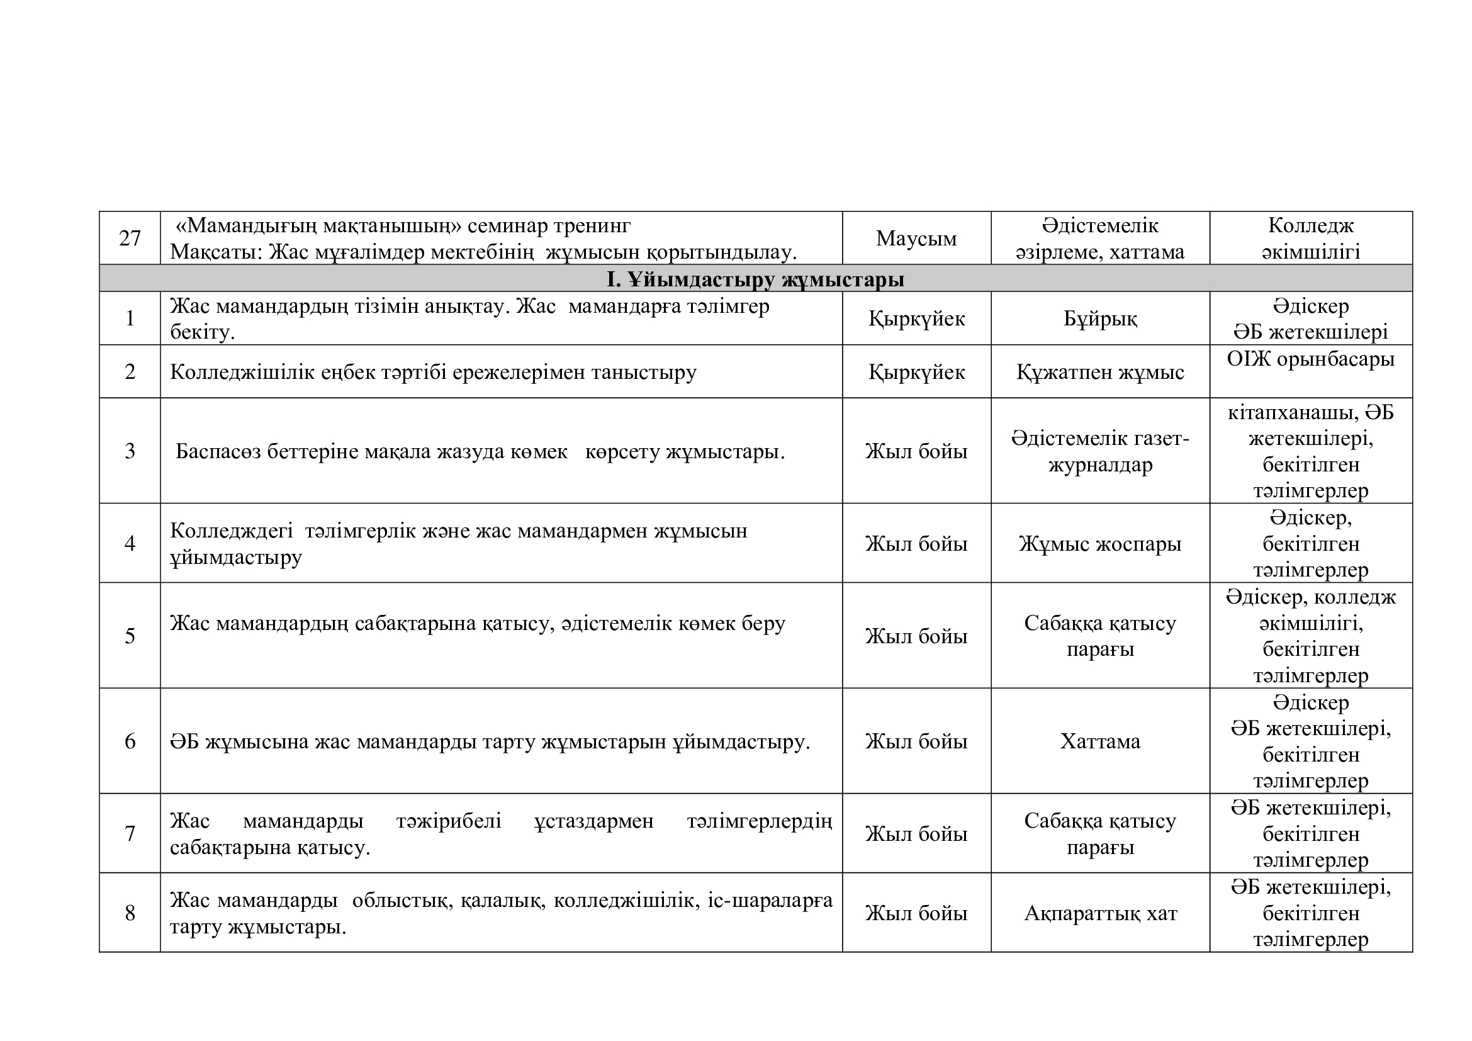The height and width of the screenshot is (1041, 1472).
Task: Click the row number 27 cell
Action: (x=130, y=238)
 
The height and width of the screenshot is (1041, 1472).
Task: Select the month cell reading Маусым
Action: (x=916, y=239)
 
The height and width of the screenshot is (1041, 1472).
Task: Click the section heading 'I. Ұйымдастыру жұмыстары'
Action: (x=755, y=279)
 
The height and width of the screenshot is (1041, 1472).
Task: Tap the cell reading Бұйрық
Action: (x=1100, y=318)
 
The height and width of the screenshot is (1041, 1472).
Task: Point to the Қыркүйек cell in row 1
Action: (x=916, y=318)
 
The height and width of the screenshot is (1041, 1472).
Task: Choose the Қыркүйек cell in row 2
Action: (x=916, y=372)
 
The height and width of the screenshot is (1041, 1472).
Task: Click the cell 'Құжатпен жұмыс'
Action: (x=1100, y=372)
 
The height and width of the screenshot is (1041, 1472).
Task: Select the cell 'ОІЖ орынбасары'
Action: (x=1310, y=359)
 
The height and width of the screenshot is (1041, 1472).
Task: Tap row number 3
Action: (x=130, y=451)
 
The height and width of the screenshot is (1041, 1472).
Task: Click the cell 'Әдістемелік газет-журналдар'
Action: (x=1100, y=451)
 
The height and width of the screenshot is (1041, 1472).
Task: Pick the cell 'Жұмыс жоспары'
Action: (x=1100, y=544)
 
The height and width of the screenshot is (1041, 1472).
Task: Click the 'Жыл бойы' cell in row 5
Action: (x=916, y=636)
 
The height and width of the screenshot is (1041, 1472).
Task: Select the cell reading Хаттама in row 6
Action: (x=1100, y=741)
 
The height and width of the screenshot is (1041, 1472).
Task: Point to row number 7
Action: (x=130, y=833)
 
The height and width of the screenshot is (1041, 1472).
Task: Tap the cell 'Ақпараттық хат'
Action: (x=1100, y=913)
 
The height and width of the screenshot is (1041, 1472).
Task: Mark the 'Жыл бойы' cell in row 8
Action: (x=916, y=913)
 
